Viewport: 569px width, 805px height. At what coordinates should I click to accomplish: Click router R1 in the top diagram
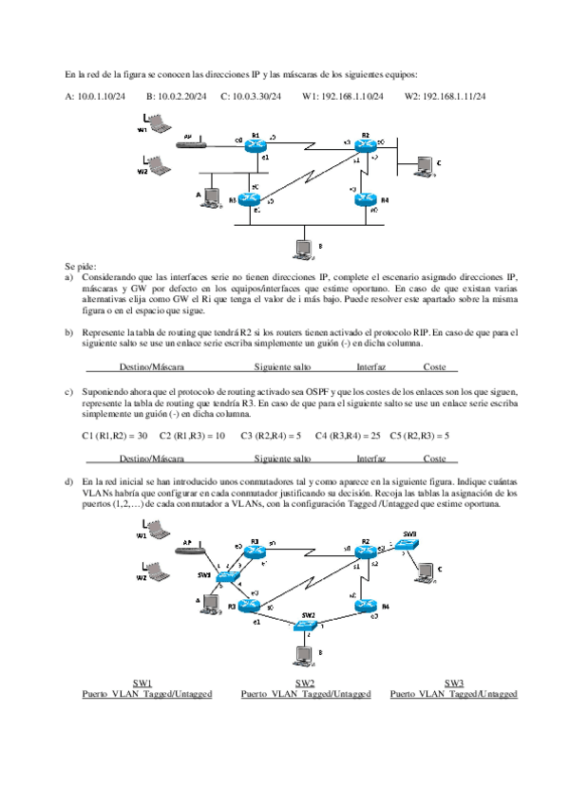(x=253, y=145)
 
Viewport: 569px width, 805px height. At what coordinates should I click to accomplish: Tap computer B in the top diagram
(x=304, y=250)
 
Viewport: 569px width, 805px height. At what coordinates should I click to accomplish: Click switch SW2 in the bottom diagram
(x=305, y=625)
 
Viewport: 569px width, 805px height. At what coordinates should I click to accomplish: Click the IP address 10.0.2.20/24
(x=176, y=96)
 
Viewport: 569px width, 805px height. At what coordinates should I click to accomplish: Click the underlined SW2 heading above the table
(x=305, y=683)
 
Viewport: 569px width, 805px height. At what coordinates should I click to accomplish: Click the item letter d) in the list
(x=68, y=482)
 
